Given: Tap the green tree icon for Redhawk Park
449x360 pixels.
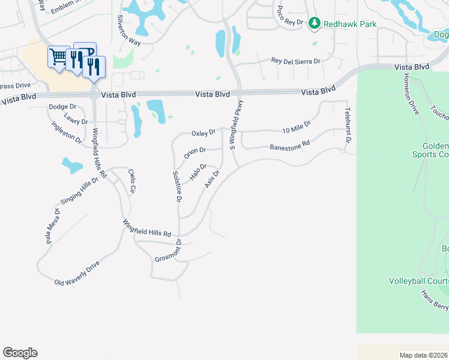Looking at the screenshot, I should click(x=314, y=23).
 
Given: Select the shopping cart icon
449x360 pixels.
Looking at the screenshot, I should click(x=59, y=57).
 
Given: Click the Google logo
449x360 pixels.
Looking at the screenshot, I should click(x=20, y=353).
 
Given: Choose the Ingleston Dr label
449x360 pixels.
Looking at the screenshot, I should click(x=67, y=133).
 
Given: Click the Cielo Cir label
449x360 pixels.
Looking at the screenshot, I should click(x=133, y=182).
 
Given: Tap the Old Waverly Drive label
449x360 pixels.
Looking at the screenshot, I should click(x=76, y=273).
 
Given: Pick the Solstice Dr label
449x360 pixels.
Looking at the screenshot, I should click(x=176, y=187).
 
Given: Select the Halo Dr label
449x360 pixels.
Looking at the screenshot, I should click(x=198, y=172).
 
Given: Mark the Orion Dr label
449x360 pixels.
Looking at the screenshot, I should click(x=195, y=153).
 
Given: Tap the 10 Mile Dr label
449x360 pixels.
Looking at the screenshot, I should click(x=296, y=127).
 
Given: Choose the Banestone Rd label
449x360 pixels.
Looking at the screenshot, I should click(x=289, y=145).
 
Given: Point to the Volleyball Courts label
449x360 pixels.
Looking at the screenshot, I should click(x=418, y=281).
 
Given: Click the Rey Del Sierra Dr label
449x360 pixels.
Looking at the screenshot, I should click(x=296, y=61).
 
